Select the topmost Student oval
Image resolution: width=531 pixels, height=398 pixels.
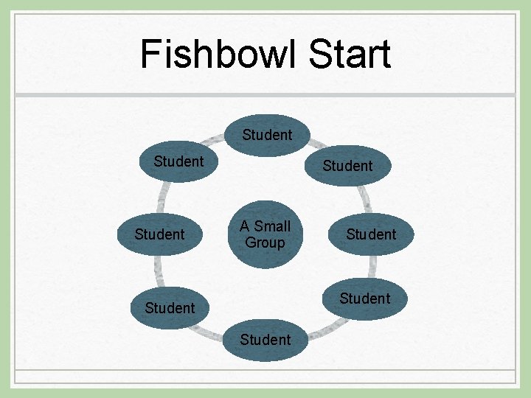tap(267, 135)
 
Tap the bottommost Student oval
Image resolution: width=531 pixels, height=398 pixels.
tap(265, 340)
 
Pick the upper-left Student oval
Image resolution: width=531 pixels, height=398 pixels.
tap(178, 161)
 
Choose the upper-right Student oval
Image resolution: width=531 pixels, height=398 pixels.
tap(347, 166)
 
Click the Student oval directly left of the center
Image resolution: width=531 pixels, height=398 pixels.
tap(159, 234)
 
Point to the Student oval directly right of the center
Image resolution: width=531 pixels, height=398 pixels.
tap(371, 234)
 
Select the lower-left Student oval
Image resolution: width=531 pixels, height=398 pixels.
tap(170, 307)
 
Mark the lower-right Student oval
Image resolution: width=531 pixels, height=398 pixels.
tap(364, 298)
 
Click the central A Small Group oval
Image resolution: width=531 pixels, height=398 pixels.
tap(265, 234)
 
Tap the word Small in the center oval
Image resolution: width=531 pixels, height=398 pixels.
tap(271, 226)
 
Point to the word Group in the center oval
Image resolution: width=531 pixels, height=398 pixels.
tap(265, 242)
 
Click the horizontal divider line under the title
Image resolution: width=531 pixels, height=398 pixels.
tap(265, 95)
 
